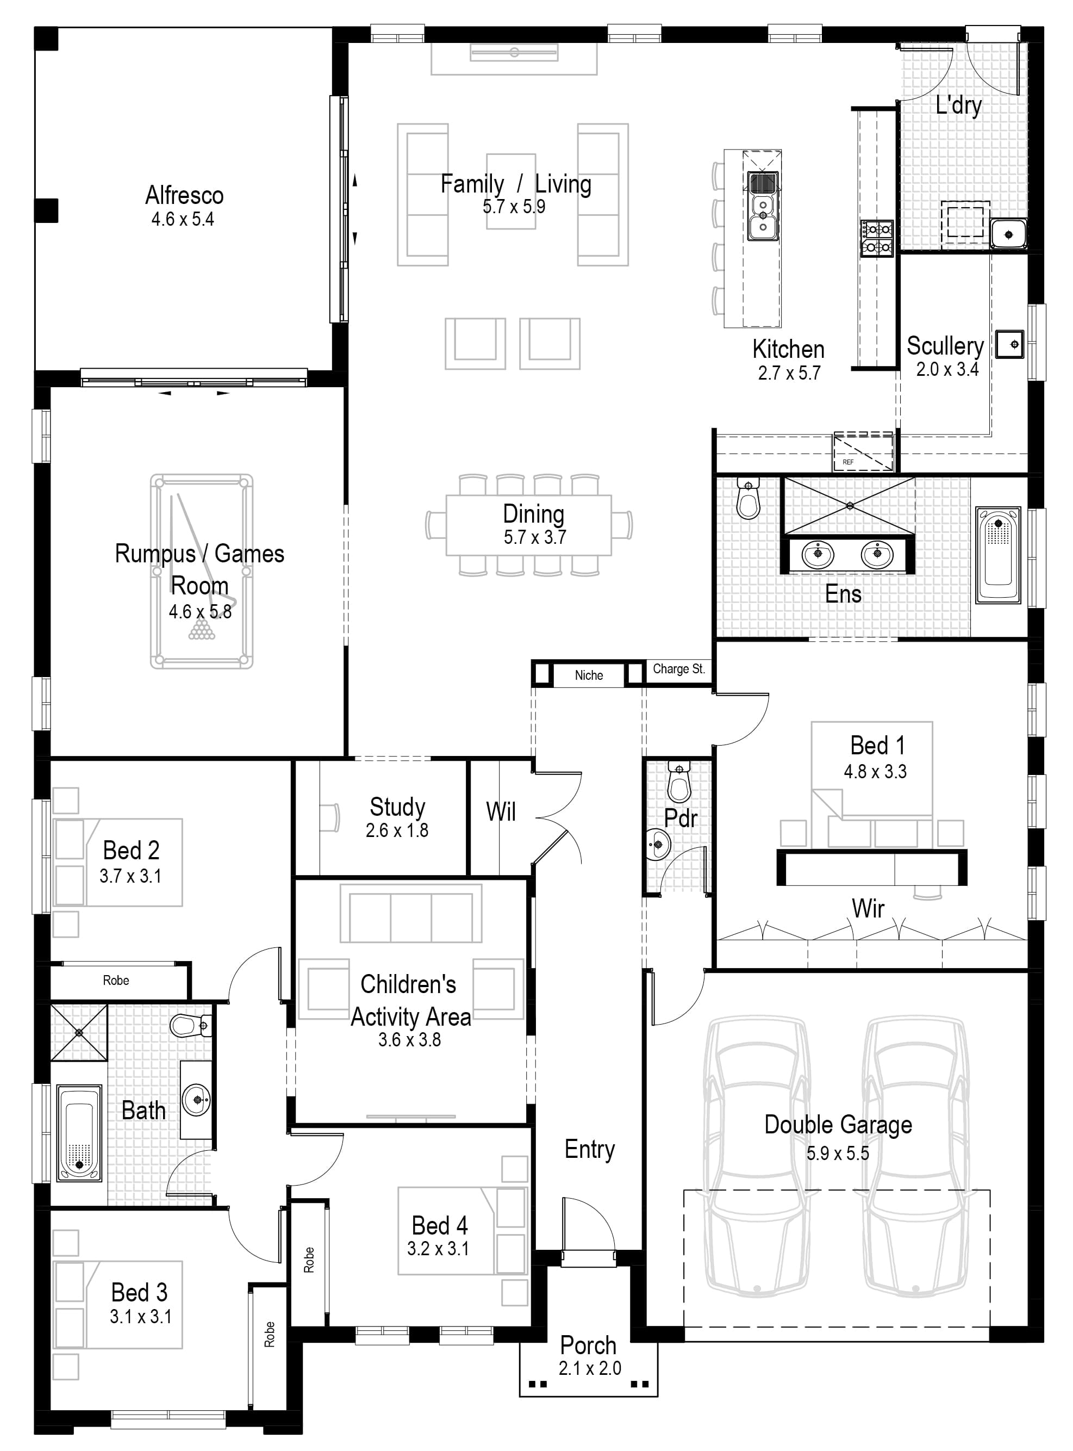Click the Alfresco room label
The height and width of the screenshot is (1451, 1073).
coord(184,195)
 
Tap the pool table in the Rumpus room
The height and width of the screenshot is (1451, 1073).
coord(201,571)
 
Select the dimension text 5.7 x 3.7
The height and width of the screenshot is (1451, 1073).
coord(534,537)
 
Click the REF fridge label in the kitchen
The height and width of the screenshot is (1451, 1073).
coord(849,462)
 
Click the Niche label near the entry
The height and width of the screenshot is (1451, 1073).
coord(589,675)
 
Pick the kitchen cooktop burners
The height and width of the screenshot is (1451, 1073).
coord(877,238)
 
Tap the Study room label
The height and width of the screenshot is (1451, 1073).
coord(397,807)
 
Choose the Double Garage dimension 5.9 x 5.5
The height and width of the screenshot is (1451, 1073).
coord(838,1154)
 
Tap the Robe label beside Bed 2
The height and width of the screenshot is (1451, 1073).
coord(116,980)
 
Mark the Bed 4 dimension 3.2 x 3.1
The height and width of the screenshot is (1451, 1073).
coord(438,1248)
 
